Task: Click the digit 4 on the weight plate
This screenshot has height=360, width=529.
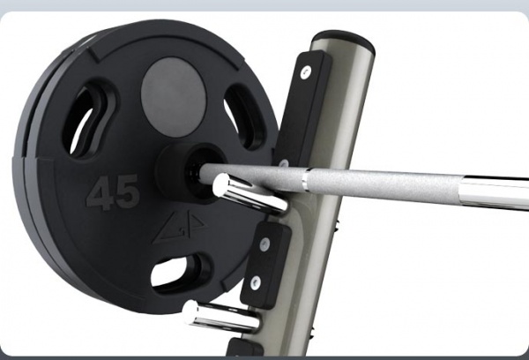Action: coord(101,194)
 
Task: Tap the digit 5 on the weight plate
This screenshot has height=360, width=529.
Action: coord(126,191)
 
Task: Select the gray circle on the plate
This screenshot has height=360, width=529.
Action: coord(174,97)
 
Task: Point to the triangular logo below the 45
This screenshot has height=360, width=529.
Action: coord(179,228)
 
